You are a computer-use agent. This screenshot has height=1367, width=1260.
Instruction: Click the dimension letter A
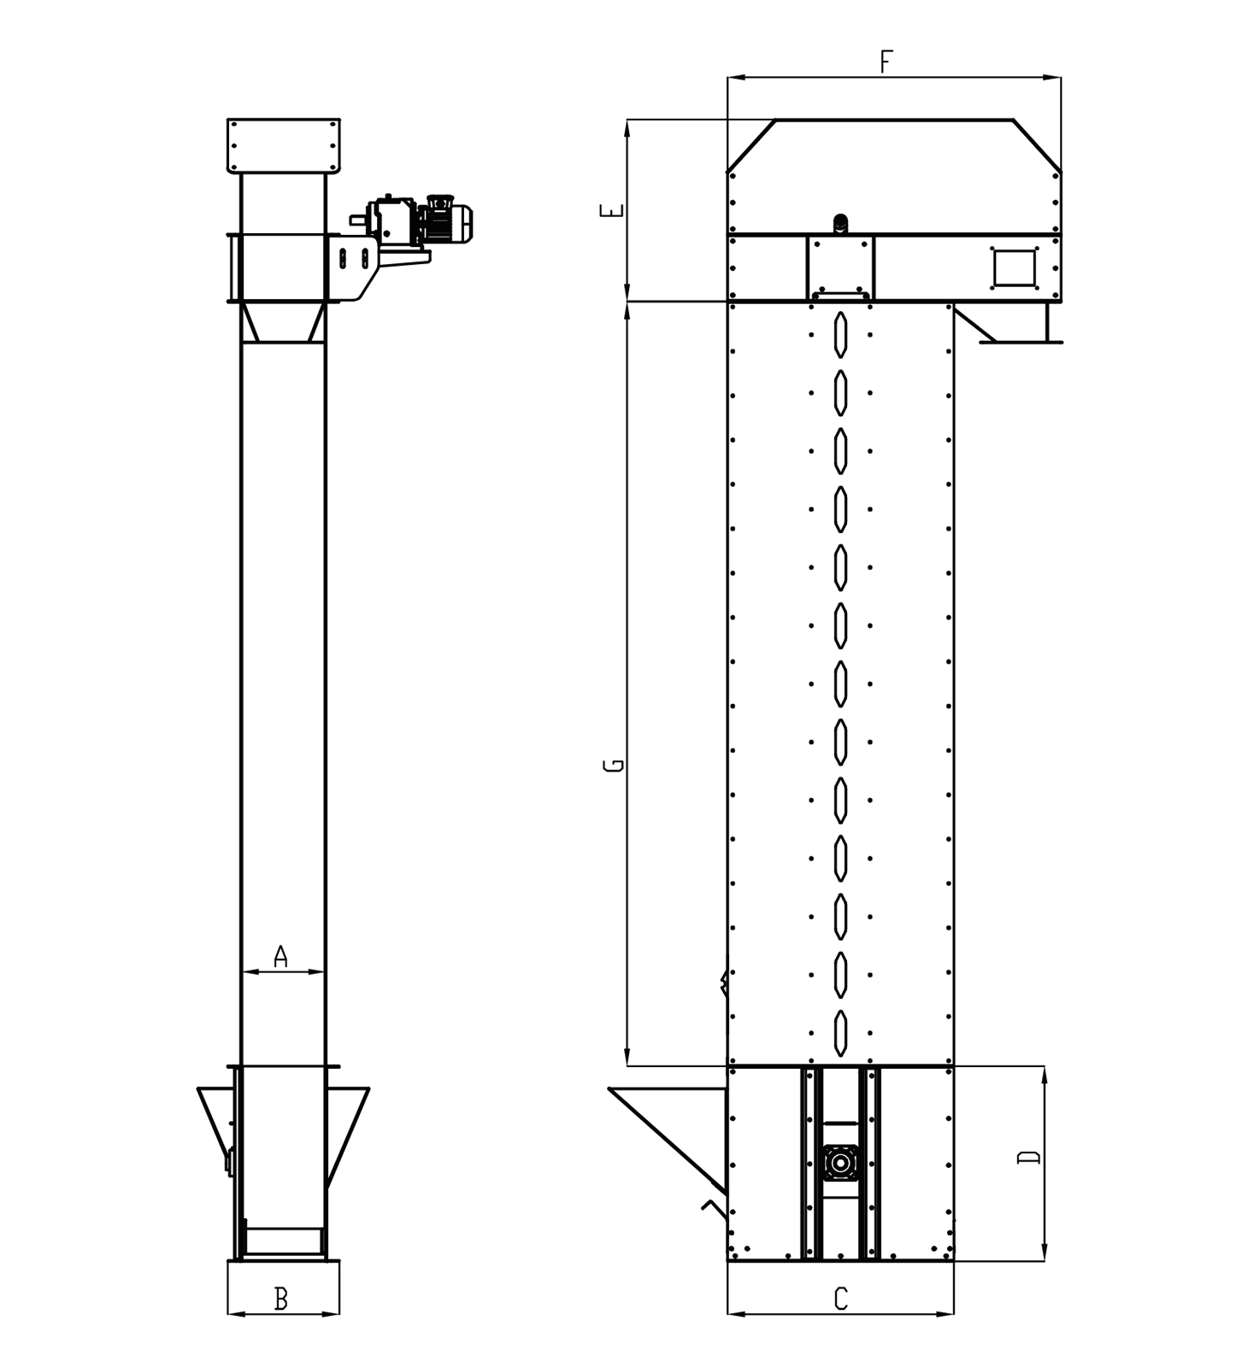(280, 956)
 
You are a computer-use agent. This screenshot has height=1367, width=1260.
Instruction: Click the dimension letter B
(280, 1300)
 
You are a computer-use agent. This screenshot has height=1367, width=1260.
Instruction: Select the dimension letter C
(840, 1300)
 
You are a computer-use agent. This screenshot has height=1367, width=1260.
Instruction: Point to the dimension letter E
(613, 211)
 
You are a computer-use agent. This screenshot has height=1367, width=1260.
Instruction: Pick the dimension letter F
(886, 62)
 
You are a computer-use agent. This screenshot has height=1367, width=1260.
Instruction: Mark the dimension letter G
(613, 765)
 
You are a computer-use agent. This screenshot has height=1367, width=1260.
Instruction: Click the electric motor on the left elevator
(448, 221)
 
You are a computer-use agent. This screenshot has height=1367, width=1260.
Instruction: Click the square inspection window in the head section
(1014, 267)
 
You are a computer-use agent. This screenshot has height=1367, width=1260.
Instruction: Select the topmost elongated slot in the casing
(841, 334)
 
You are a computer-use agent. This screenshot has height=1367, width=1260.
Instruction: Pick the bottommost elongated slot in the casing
(841, 1033)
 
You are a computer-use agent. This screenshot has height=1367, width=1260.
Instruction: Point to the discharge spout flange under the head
(1021, 342)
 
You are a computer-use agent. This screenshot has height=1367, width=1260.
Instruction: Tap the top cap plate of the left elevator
(284, 146)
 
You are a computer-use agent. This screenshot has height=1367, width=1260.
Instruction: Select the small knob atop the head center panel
(841, 225)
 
